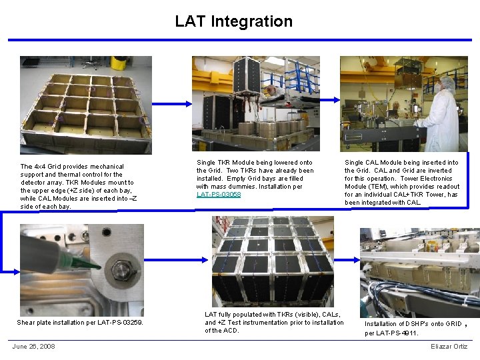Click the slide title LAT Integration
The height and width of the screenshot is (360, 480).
233,21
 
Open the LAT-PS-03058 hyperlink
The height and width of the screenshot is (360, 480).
219,195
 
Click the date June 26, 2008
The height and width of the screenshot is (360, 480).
33,346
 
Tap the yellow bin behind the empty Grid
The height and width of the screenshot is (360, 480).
119,63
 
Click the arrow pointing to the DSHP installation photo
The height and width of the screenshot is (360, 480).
351,271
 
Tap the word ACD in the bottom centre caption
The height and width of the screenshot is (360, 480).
231,331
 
